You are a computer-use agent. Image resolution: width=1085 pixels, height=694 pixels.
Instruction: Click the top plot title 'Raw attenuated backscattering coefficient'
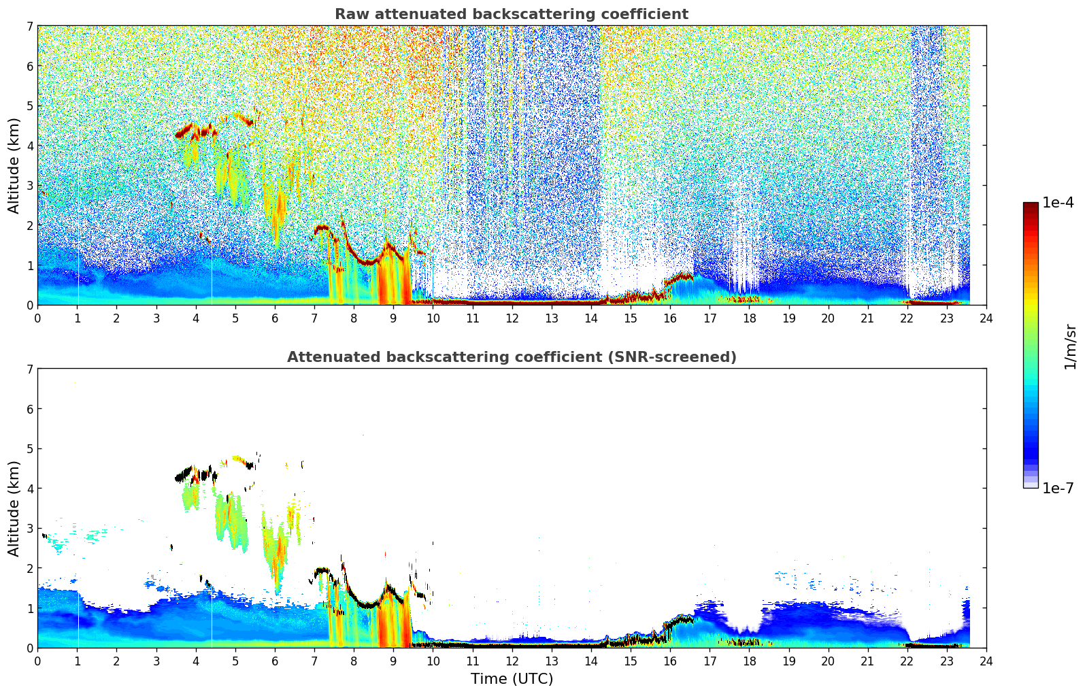(511, 14)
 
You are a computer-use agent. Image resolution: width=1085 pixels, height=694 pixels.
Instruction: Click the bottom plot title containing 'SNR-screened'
(511, 357)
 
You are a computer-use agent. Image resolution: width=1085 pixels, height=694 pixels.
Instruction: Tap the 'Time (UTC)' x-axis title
(512, 678)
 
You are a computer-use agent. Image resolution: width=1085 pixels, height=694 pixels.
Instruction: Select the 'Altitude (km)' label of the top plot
(14, 165)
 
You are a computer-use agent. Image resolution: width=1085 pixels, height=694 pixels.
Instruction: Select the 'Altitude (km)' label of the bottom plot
(14, 508)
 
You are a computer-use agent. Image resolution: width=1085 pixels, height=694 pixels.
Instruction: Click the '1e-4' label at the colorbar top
(1058, 203)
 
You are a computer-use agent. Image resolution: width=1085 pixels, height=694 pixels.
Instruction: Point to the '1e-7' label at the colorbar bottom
(1058, 488)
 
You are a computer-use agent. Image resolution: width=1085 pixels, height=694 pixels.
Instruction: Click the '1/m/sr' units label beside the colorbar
(1070, 346)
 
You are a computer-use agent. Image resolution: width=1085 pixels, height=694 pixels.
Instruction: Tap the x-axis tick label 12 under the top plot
(512, 318)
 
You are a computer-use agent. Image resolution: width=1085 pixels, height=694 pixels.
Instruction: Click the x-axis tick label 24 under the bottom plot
(986, 661)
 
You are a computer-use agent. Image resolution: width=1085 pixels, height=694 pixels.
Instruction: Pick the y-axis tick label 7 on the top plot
(30, 27)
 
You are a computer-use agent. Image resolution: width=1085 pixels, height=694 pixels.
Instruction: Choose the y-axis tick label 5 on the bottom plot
(30, 449)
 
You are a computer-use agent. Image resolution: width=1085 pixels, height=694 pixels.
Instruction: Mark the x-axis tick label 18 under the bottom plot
(749, 661)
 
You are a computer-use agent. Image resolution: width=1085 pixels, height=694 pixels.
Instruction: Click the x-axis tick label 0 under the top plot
(37, 318)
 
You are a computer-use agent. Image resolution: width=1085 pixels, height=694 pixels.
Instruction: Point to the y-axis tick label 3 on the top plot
(30, 186)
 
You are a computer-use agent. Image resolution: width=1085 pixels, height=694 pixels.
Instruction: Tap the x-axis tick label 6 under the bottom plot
(275, 661)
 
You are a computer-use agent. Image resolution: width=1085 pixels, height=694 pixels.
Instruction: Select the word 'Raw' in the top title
(350, 14)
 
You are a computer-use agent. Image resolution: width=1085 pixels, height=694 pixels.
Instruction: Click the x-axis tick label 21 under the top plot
(867, 318)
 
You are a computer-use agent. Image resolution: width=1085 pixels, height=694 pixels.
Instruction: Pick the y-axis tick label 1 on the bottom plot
(30, 608)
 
